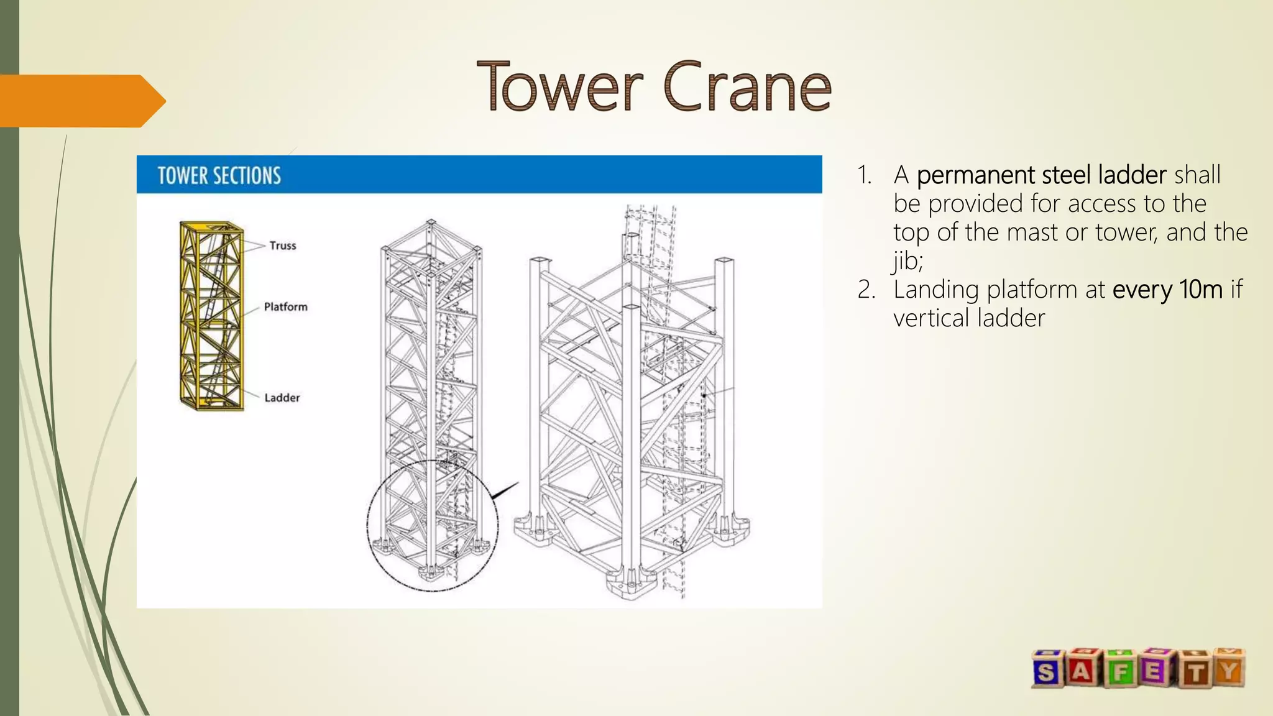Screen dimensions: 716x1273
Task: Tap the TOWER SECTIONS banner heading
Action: (x=219, y=176)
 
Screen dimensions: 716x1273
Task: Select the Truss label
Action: (x=283, y=246)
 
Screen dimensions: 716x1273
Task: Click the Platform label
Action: (x=285, y=306)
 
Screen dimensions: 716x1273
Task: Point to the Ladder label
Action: (x=282, y=398)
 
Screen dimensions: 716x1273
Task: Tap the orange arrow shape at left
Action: (x=81, y=101)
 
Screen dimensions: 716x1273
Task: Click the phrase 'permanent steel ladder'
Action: (x=1041, y=175)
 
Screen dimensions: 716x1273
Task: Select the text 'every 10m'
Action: (x=1167, y=290)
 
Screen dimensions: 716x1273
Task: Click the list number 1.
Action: (x=864, y=175)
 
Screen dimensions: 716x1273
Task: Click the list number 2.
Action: (x=866, y=290)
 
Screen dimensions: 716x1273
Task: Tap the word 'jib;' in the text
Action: (x=908, y=260)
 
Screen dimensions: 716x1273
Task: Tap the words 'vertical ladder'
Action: (x=968, y=318)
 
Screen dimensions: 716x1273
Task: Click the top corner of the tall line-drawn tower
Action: (x=431, y=223)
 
